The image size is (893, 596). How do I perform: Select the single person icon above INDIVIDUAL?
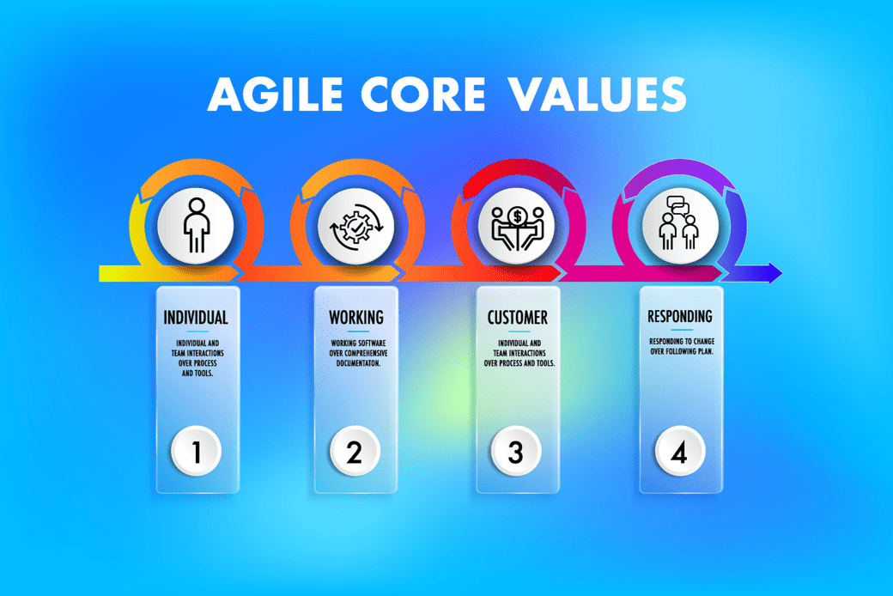point(197,226)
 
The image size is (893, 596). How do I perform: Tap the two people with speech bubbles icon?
point(677,225)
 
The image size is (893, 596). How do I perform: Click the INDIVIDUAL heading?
point(196,318)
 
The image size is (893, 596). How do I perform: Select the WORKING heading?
point(356,318)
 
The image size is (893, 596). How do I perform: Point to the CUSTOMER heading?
point(518,318)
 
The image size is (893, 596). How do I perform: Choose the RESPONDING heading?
point(680,317)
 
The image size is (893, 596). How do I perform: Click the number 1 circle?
point(197,451)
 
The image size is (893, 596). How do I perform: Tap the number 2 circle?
point(355,451)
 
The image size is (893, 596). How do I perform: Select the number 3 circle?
point(515,451)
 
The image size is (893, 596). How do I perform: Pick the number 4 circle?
point(678,451)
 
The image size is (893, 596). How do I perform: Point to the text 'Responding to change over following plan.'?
point(681,347)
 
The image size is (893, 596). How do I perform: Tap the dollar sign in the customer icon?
point(515,214)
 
